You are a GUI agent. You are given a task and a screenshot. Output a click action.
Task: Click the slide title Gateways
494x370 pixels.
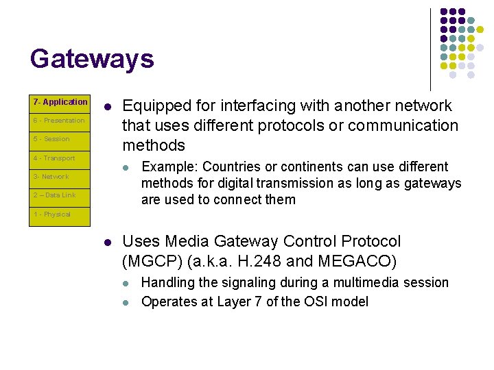coord(92,59)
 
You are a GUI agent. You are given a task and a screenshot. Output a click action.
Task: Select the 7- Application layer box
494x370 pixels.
coord(61,102)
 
